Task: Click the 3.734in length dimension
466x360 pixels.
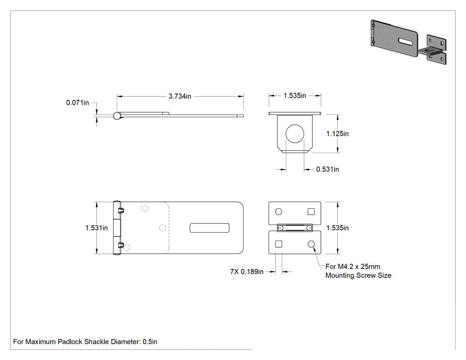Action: coord(180,96)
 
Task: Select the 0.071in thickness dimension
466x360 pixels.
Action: coord(78,103)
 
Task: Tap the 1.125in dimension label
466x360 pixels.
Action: coord(337,134)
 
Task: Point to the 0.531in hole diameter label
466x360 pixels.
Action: coord(328,169)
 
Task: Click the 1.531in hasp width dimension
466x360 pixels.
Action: coord(97,228)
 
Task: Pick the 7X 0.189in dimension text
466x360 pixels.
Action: coord(247,272)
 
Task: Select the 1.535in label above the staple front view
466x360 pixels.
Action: coord(295,95)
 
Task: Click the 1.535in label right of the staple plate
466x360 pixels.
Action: coord(337,228)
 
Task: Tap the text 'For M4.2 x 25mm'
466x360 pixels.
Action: coord(353,266)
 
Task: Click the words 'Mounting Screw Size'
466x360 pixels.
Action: coord(359,275)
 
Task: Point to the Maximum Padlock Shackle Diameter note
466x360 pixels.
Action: coord(85,341)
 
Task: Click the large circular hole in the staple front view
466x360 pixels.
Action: coord(295,134)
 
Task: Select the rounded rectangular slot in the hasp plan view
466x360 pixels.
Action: coord(209,228)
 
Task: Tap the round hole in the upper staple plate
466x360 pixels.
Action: coord(278,212)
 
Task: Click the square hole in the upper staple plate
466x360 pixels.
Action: coord(311,211)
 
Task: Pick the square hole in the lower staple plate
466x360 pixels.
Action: coord(278,244)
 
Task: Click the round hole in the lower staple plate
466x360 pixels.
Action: coord(311,244)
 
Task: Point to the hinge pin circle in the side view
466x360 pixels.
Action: coord(117,116)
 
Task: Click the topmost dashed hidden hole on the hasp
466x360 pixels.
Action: coord(144,208)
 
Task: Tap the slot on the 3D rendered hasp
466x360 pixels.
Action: coord(405,42)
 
